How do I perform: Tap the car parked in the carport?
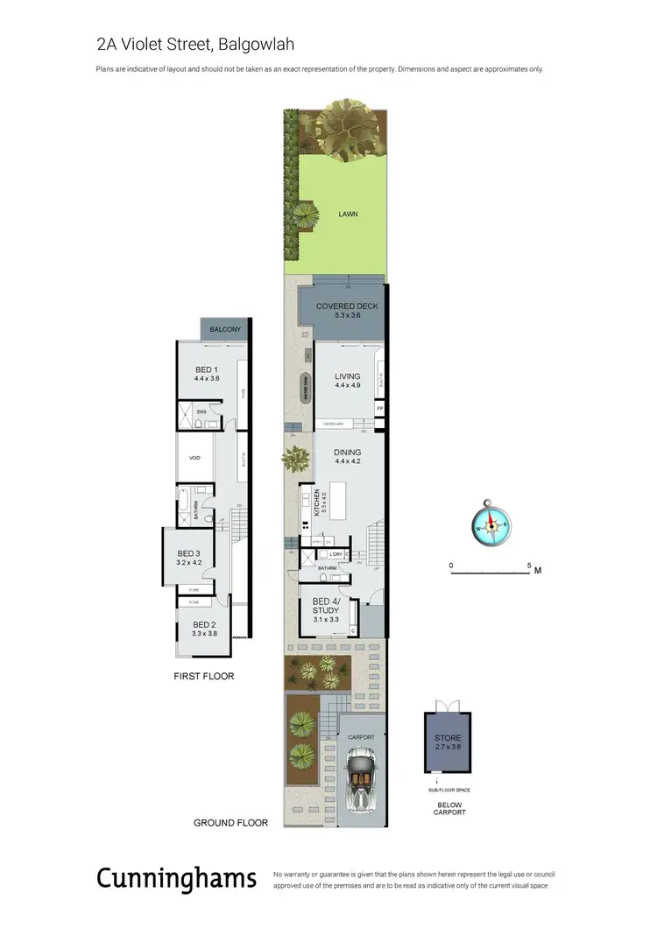point(360,782)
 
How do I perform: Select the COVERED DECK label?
point(342,307)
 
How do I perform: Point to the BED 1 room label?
point(207,369)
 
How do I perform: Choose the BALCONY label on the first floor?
point(225,329)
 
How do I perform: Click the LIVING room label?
point(347,377)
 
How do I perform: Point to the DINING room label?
point(347,453)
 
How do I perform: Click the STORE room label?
point(447,738)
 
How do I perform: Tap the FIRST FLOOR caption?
point(203,676)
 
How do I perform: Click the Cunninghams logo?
point(176,878)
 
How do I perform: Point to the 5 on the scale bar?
point(529,566)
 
